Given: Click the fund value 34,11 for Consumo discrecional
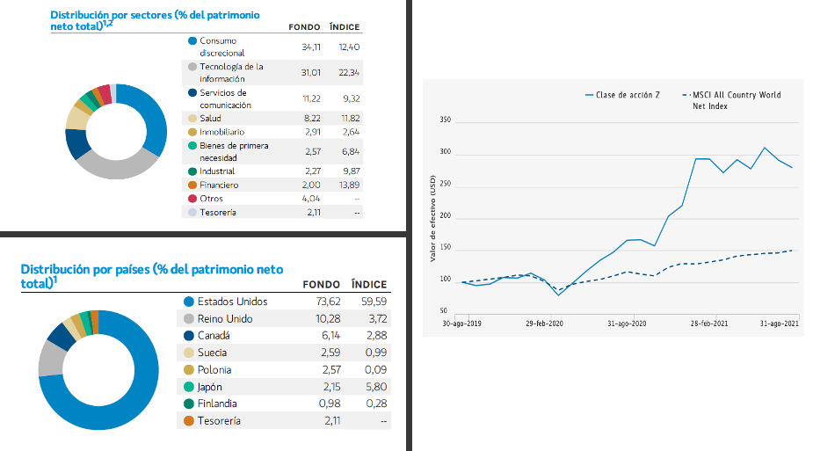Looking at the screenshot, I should [x=311, y=47].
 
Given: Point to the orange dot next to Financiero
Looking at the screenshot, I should [x=192, y=185].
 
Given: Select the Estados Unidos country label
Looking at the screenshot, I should [x=232, y=302].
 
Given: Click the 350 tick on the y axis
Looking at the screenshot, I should [x=445, y=120].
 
